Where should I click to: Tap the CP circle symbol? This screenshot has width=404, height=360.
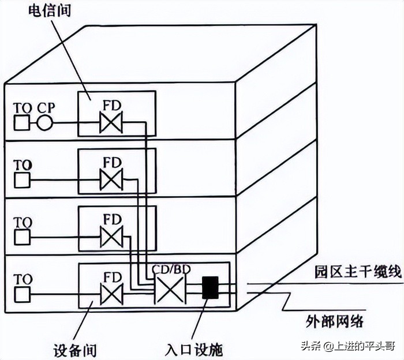tap(44, 123)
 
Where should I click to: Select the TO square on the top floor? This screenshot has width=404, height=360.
tap(21, 123)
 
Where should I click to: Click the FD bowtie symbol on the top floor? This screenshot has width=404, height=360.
tap(111, 123)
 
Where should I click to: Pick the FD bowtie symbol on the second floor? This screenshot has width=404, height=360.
tap(111, 179)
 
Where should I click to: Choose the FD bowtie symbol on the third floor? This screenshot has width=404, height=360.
tap(111, 236)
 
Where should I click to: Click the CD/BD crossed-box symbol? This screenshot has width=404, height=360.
tap(169, 288)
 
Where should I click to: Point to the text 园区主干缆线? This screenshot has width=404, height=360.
tap(358, 272)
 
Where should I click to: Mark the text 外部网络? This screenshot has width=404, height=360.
tap(334, 321)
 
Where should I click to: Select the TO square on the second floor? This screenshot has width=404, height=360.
tap(21, 180)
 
